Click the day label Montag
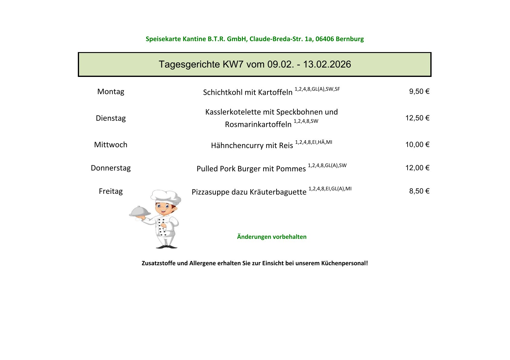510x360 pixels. (111, 91)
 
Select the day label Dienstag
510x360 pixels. (111, 118)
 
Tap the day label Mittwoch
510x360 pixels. (111, 145)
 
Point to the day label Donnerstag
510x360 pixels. (111, 168)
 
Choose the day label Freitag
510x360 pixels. (111, 191)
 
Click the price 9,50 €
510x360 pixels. (419, 91)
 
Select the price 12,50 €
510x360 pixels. (417, 118)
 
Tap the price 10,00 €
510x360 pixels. (417, 145)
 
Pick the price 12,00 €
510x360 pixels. (417, 168)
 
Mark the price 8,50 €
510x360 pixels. (419, 191)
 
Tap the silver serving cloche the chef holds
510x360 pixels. (140, 212)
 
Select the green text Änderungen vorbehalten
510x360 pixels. (272, 237)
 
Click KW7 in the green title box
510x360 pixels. (233, 64)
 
